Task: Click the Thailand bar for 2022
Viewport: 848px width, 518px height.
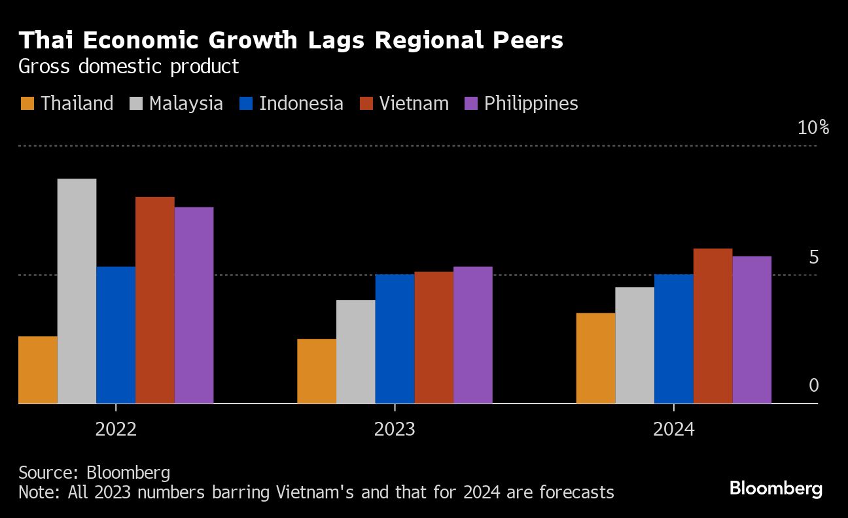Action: (38, 370)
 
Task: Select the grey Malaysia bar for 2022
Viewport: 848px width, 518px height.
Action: (77, 291)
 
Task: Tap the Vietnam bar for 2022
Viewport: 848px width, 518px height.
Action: (155, 300)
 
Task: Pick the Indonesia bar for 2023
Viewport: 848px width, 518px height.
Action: (395, 339)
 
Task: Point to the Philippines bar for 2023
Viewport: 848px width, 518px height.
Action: (472, 335)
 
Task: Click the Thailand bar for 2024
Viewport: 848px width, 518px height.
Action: (595, 358)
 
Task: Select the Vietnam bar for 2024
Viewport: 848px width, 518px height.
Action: (713, 326)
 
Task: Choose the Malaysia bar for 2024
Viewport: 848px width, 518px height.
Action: (635, 345)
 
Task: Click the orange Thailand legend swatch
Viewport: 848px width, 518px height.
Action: (27, 104)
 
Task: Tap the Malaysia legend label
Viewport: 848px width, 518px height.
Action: (186, 103)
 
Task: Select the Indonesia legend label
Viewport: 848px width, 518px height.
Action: (301, 103)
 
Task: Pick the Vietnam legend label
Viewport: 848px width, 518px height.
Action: (414, 103)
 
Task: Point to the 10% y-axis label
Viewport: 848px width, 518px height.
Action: (813, 128)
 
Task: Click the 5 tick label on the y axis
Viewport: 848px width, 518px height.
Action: (813, 258)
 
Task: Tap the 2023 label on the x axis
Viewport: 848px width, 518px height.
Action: (395, 430)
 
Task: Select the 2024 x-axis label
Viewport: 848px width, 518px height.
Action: (673, 430)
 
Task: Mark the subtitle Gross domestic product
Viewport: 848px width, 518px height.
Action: (129, 67)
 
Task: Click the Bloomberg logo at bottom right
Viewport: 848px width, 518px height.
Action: (775, 488)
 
